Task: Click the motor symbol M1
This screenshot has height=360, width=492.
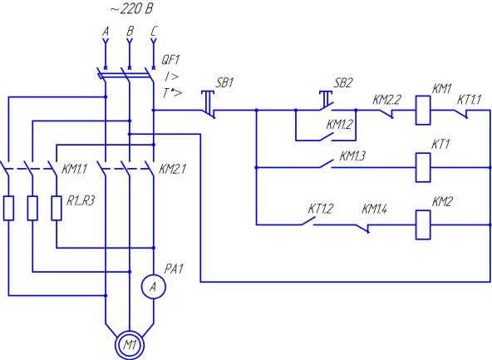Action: tap(130, 345)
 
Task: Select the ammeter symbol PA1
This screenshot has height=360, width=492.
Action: tap(154, 286)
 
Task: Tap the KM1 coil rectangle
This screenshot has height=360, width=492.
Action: tap(423, 111)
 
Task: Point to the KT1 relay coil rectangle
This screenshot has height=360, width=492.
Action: tap(423, 168)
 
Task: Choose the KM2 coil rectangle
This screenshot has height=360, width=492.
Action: tap(423, 225)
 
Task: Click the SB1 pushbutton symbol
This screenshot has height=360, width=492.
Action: tap(208, 105)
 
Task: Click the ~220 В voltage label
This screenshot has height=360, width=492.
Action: tap(131, 8)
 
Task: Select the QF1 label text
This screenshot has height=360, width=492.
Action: tap(170, 60)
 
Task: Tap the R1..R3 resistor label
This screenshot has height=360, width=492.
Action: tap(81, 201)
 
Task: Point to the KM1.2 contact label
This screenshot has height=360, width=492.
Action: tap(339, 124)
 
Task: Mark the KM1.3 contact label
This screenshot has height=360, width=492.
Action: tap(352, 156)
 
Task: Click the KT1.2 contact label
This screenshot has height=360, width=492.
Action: tap(320, 209)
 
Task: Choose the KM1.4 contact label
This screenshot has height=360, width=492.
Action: tap(374, 209)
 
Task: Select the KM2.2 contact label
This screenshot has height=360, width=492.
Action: tap(386, 100)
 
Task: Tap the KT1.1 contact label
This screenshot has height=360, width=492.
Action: tap(469, 100)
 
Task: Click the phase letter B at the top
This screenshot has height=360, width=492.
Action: tap(130, 32)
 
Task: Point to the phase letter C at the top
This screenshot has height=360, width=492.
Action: tap(154, 32)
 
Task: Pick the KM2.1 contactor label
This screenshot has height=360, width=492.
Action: tap(172, 170)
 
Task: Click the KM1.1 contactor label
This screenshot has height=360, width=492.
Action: tap(74, 170)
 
